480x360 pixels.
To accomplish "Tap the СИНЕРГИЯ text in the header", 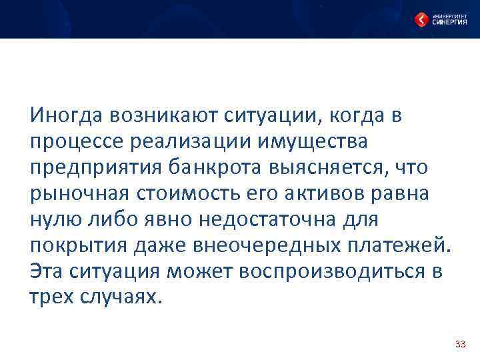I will pos(449,22).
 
